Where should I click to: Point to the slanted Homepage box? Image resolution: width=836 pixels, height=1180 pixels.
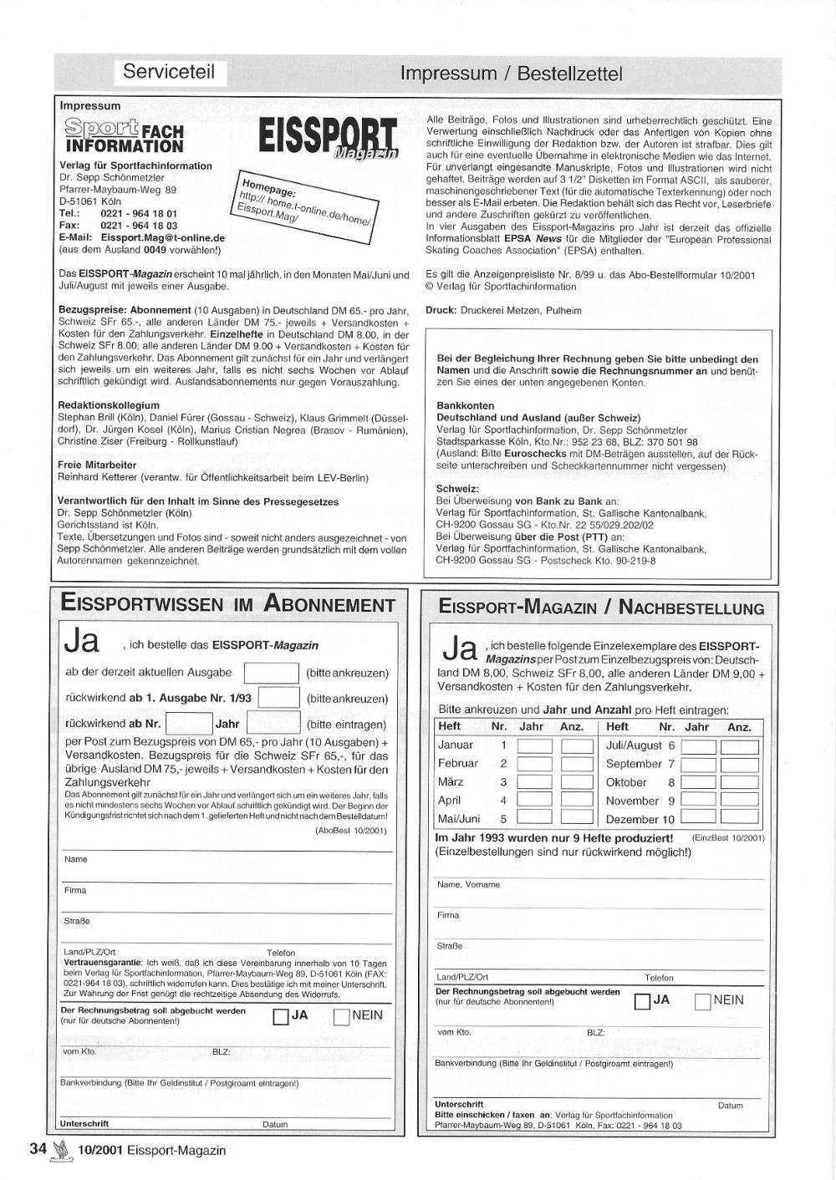click(x=307, y=204)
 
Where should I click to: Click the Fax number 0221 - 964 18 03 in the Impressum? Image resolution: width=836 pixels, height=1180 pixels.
click(x=139, y=226)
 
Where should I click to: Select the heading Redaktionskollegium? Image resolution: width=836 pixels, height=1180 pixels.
click(x=109, y=405)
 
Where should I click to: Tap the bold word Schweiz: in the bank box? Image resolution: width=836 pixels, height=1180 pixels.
click(x=457, y=489)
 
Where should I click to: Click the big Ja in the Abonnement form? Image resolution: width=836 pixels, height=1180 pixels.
click(x=81, y=643)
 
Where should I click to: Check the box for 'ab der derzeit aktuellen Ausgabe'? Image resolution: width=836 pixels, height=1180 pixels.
click(x=271, y=673)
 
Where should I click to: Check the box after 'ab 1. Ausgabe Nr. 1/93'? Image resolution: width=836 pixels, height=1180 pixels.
click(x=279, y=699)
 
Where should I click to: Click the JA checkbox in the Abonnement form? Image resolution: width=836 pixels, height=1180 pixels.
click(x=282, y=1017)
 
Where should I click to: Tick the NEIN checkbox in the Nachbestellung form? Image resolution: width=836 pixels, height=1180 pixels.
click(x=703, y=1001)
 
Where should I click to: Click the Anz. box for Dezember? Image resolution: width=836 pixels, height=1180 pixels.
click(x=739, y=818)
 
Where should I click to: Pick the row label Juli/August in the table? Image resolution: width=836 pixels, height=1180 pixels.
click(x=634, y=745)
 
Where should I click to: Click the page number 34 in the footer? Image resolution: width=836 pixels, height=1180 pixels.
click(x=38, y=1149)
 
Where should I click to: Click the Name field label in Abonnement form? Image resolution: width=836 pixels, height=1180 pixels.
click(x=75, y=859)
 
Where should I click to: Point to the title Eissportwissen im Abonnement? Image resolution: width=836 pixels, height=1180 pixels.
click(x=228, y=605)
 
